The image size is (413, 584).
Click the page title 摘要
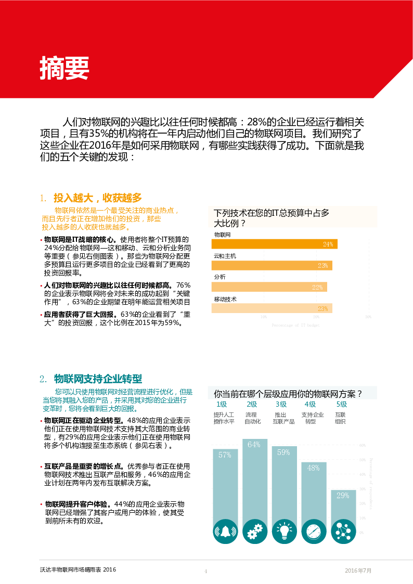click(x=64, y=68)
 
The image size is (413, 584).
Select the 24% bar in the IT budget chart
click(x=274, y=244)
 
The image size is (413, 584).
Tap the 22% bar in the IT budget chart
click(x=269, y=287)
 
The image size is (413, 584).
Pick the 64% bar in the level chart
click(x=255, y=478)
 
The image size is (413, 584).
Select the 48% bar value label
click(x=313, y=468)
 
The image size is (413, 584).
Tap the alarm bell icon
click(x=225, y=531)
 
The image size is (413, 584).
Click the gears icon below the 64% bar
click(x=255, y=531)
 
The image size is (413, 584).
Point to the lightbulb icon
click(x=284, y=531)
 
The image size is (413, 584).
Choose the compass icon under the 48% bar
click(x=314, y=531)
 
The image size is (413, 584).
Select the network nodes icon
click(x=343, y=531)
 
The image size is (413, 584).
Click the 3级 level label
click(x=281, y=405)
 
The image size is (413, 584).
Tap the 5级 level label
click(x=341, y=405)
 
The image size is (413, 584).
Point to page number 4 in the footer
click(x=205, y=571)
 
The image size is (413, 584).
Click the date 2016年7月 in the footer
click(x=358, y=570)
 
